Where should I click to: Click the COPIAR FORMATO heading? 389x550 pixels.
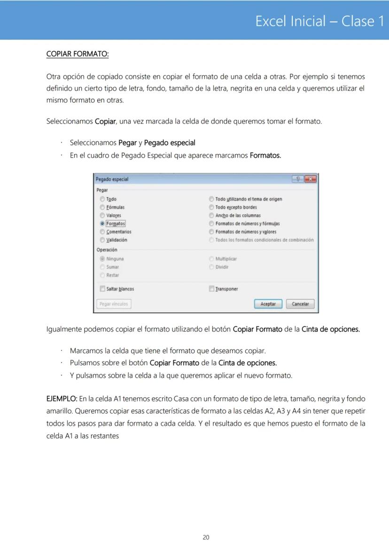(x=78, y=54)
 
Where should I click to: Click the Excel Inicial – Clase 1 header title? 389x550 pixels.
(x=319, y=21)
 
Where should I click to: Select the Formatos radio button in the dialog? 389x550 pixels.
(x=102, y=224)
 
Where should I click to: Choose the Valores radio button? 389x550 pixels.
(x=102, y=216)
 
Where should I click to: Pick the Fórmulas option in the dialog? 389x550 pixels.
(x=102, y=207)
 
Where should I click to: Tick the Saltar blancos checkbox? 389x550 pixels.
(x=102, y=289)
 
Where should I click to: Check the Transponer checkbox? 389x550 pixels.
(x=211, y=289)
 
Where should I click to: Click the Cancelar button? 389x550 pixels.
(x=300, y=304)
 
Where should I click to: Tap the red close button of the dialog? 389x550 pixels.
(x=310, y=179)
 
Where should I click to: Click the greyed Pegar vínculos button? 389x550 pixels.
(x=114, y=304)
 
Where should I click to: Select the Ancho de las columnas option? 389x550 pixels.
(x=211, y=216)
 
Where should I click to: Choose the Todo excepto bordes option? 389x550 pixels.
(x=211, y=207)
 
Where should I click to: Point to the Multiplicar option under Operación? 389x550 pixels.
(x=211, y=259)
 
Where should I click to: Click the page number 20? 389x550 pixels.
(x=206, y=537)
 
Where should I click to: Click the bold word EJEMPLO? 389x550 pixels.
(x=62, y=399)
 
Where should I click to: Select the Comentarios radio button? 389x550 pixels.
(x=102, y=232)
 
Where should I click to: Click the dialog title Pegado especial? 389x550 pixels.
(x=112, y=179)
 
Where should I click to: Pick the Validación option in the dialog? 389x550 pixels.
(x=102, y=240)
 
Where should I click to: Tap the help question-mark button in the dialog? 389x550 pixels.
(x=297, y=179)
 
